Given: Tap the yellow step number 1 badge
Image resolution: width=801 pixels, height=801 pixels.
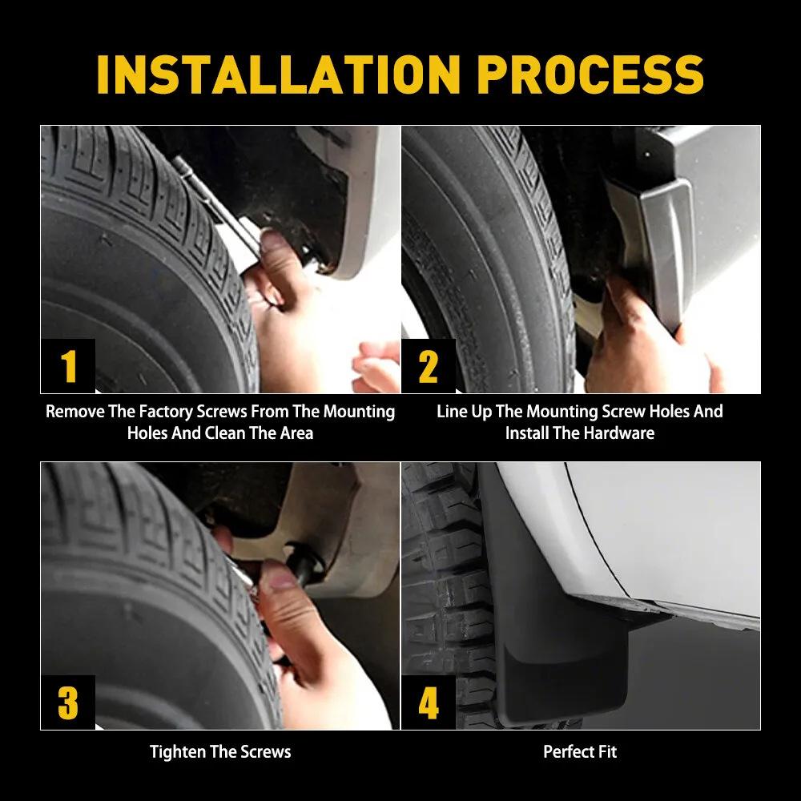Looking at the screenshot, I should point(68,366).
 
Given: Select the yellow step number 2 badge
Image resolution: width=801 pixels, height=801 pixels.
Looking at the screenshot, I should point(429,366).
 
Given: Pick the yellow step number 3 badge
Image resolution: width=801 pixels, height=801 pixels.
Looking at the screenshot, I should point(68,702).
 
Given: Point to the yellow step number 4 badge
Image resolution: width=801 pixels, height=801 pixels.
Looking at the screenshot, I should point(429,702).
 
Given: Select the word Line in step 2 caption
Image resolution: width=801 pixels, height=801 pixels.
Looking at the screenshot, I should point(452,412).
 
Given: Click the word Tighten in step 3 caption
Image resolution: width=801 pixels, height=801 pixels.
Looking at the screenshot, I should point(177,751).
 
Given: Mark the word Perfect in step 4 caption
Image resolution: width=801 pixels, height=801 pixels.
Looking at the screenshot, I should point(568,751).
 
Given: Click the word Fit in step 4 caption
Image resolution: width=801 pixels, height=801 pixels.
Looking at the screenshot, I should point(606,751).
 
